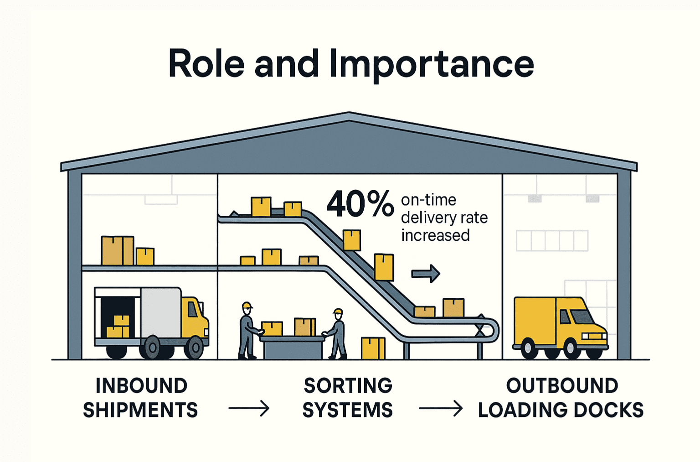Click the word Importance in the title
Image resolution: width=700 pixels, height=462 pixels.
[x=431, y=64]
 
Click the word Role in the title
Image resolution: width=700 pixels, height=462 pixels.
[x=206, y=64]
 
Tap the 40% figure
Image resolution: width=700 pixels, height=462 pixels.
[x=360, y=204]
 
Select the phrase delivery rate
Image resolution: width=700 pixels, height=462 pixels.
[x=444, y=218]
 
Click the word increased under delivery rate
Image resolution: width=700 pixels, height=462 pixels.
[x=435, y=235]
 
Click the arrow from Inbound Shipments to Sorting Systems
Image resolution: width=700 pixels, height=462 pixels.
[x=249, y=408]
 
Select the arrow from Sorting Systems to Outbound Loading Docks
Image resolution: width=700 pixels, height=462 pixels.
[x=440, y=408]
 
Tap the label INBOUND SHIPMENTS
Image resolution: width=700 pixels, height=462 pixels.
[x=140, y=398]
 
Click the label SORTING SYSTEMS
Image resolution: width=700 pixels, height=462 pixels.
[x=348, y=398]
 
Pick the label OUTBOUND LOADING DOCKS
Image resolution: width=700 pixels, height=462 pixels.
[x=561, y=398]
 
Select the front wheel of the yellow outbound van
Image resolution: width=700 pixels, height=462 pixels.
[x=571, y=348]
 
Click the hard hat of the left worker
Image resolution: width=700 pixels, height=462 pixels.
[x=247, y=305]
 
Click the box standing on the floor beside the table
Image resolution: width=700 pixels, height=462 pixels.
[x=373, y=348]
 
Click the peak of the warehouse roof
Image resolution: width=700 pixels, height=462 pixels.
[x=349, y=114]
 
